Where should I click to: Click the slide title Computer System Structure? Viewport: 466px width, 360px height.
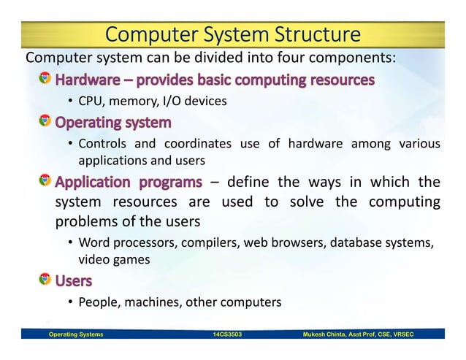[x=233, y=34]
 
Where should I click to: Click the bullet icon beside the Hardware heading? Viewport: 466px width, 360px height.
[x=45, y=78]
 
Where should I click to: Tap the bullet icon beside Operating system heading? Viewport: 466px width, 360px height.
[x=45, y=120]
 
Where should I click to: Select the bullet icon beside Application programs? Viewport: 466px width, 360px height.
[x=45, y=180]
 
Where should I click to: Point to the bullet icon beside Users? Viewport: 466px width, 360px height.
[x=45, y=279]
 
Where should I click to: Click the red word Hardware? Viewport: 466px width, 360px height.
[x=89, y=79]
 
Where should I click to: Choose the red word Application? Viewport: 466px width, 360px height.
[x=89, y=181]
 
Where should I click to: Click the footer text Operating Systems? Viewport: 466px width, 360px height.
[x=75, y=334]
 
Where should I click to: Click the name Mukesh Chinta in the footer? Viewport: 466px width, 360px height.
[x=329, y=334]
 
